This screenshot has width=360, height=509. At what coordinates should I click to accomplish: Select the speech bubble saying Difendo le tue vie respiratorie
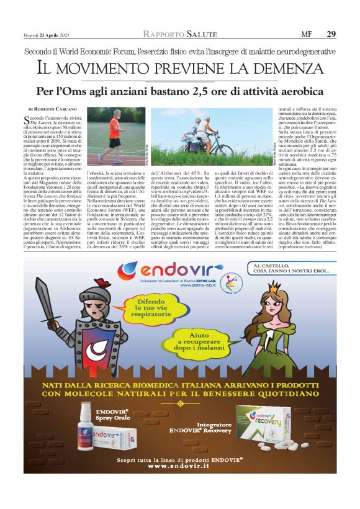click(x=151, y=307)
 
